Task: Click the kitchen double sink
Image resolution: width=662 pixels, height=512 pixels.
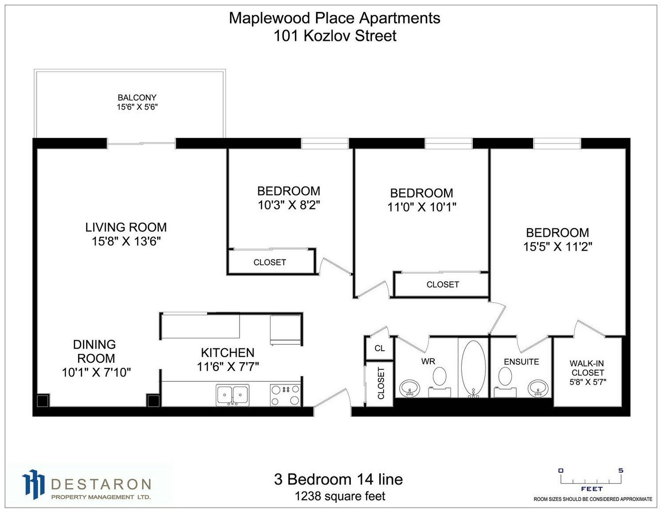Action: tap(233, 395)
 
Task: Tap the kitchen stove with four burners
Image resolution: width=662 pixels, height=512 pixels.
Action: tap(285, 395)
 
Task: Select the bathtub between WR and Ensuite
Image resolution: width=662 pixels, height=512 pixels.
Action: tap(473, 369)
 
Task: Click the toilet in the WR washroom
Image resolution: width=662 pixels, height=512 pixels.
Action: tap(440, 381)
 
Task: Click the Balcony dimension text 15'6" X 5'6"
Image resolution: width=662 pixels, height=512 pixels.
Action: tap(137, 108)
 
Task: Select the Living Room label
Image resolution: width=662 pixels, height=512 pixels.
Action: tap(126, 227)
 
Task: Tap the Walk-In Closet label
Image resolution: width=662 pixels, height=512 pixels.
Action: tap(587, 368)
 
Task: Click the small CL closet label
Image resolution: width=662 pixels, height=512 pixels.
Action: tap(380, 348)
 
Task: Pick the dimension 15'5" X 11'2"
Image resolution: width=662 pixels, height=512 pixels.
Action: tap(558, 247)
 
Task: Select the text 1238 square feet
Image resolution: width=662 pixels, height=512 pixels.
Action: tap(340, 496)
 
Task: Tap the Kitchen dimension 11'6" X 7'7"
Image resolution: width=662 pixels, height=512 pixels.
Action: tap(228, 367)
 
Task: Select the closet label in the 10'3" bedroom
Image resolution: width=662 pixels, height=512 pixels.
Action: tap(270, 262)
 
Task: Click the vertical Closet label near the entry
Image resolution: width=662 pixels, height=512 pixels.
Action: tap(381, 383)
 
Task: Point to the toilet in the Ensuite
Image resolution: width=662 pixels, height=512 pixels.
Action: tap(505, 381)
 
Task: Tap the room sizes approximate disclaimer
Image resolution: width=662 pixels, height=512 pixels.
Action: tap(593, 499)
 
